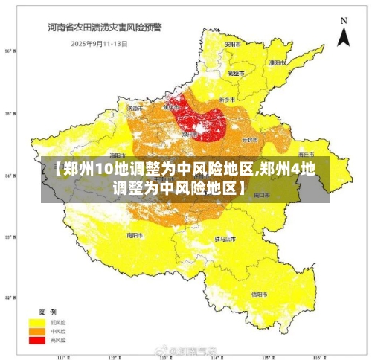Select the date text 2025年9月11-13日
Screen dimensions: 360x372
(100, 43)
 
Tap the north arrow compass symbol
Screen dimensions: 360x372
(343, 33)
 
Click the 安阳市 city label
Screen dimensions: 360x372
(233, 45)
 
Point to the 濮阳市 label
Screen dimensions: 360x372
(278, 62)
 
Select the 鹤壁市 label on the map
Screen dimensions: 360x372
(236, 74)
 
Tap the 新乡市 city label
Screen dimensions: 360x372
(228, 99)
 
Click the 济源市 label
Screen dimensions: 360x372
(135, 108)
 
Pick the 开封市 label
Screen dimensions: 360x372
(251, 139)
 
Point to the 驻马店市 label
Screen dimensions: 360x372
(225, 239)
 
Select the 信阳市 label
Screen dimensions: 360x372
(260, 294)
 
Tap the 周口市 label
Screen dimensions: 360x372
(260, 195)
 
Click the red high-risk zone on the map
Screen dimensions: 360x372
(197, 119)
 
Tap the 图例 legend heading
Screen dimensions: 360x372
(48, 311)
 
